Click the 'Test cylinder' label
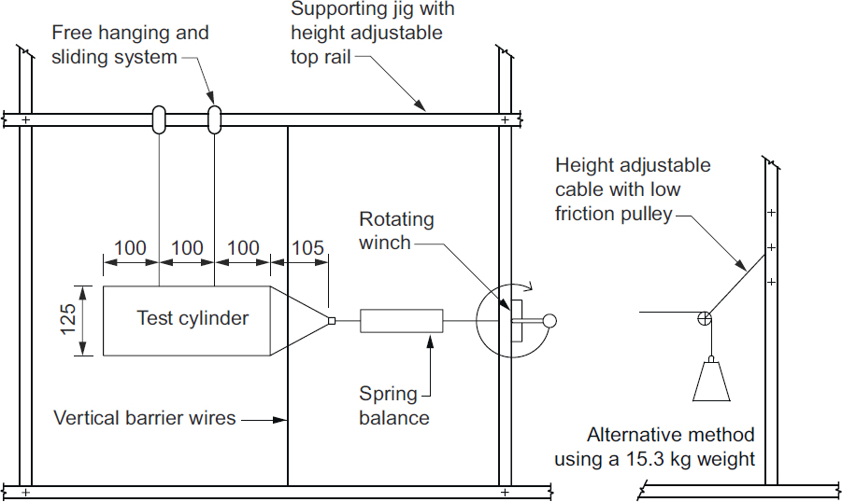(193, 318)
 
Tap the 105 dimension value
(308, 248)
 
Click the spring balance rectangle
(401, 321)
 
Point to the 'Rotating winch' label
(397, 230)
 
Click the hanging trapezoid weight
(711, 381)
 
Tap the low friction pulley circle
(704, 319)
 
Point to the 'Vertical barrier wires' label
(145, 417)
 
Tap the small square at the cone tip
(332, 322)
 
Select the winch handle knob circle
(549, 321)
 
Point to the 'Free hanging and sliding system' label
(130, 45)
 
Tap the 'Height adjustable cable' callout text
(633, 189)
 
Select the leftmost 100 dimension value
(131, 248)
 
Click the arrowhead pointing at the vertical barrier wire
(281, 419)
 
